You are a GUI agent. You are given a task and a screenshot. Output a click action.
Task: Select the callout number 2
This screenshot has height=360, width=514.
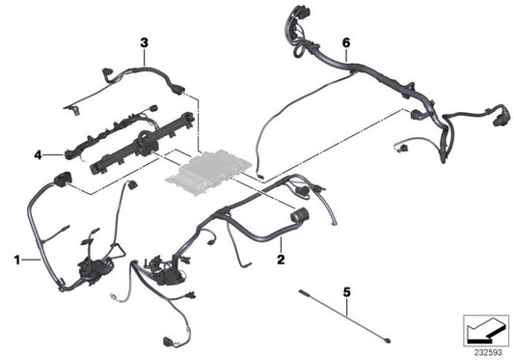(x=280, y=260)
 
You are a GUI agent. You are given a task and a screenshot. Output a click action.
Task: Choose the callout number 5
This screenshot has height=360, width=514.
(x=345, y=290)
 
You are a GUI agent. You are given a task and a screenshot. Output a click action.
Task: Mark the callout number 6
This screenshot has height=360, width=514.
(x=345, y=42)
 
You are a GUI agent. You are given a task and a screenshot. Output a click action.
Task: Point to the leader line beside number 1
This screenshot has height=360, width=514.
(x=31, y=260)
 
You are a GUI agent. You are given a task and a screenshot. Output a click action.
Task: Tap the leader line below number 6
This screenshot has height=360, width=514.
(x=345, y=55)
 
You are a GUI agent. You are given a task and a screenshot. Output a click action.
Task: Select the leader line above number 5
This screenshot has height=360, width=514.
(x=345, y=300)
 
